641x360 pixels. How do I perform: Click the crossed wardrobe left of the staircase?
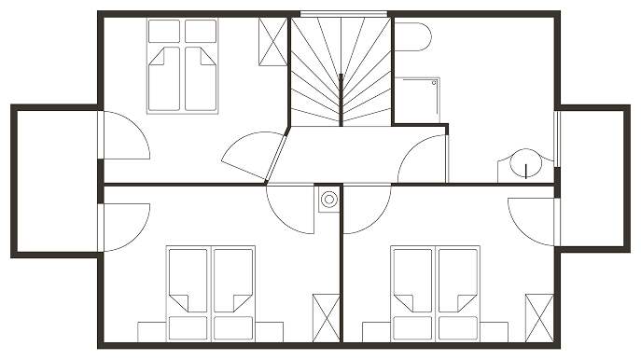click(272, 40)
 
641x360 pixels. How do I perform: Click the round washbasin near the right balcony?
click(523, 166)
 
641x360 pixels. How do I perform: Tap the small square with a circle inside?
click(328, 199)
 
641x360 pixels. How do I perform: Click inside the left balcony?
click(52, 180)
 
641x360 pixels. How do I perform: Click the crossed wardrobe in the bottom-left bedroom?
click(325, 319)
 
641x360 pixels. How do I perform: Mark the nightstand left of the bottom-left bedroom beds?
click(150, 331)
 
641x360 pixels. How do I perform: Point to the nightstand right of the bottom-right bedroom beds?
click(495, 331)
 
